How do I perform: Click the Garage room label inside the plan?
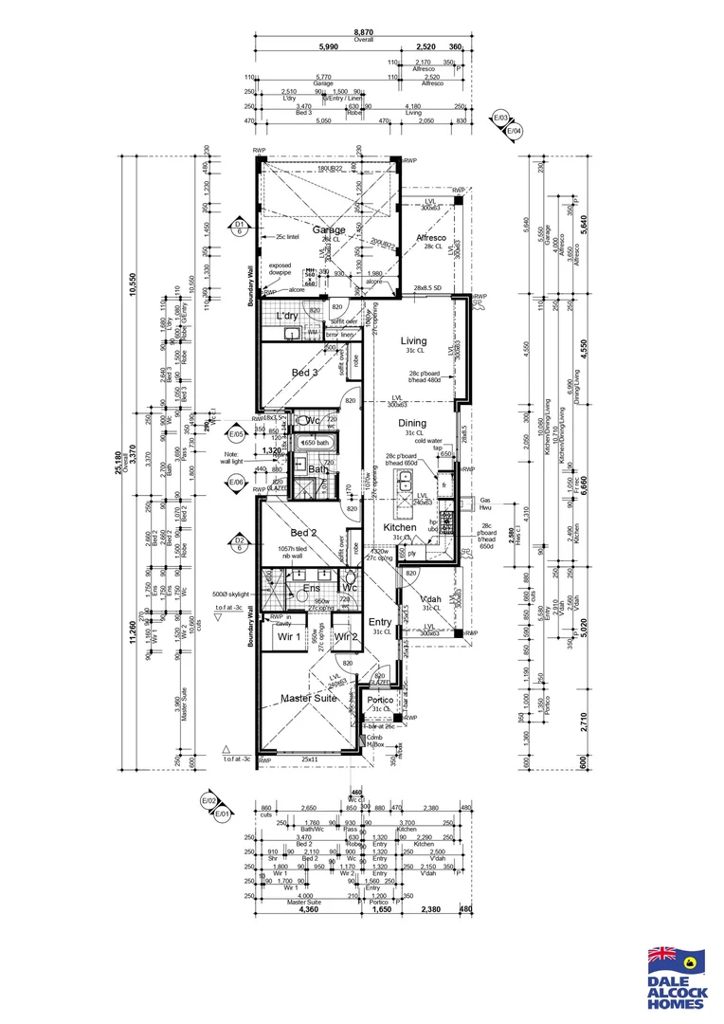[x=302, y=229]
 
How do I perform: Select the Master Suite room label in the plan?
[x=308, y=699]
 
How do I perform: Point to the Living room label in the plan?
[x=414, y=340]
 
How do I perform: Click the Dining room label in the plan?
[x=412, y=423]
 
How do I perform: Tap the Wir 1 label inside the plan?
[x=288, y=637]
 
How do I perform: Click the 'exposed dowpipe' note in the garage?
[x=281, y=270]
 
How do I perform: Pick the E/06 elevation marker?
[x=237, y=483]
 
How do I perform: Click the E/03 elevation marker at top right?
[x=501, y=119]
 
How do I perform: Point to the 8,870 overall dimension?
[x=358, y=32]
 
